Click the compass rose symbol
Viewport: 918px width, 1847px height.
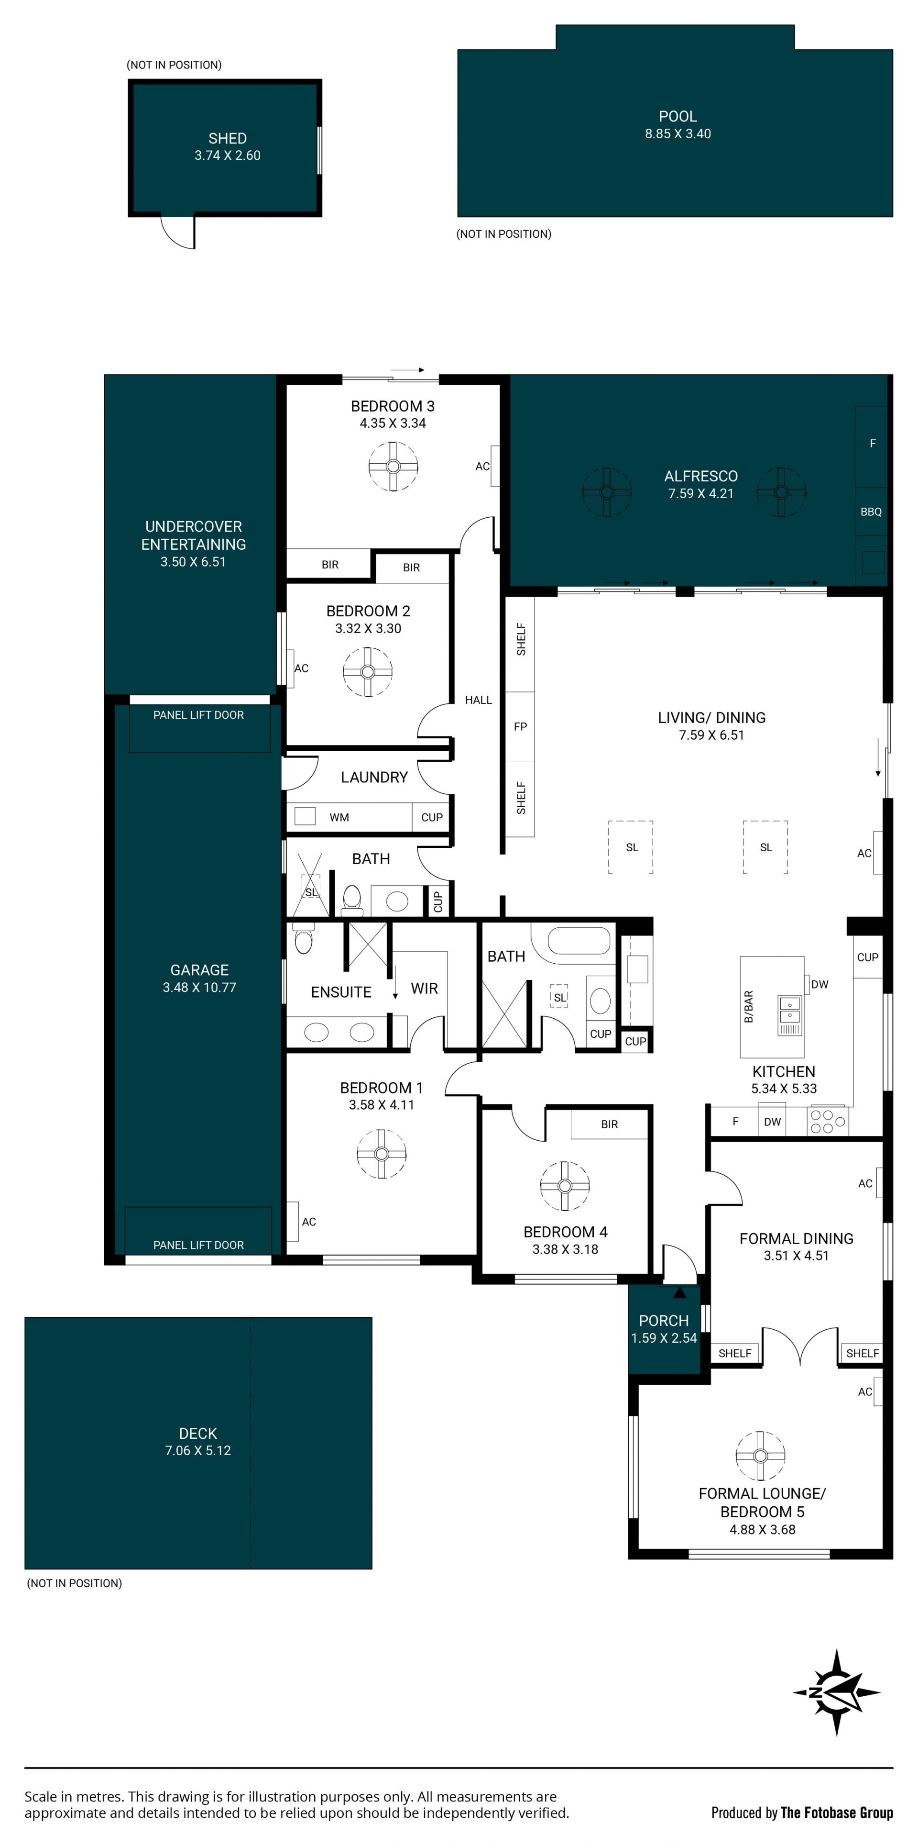[x=836, y=1693]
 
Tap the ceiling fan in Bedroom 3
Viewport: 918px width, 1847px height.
[x=393, y=466]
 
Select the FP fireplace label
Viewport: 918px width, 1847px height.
[x=520, y=726]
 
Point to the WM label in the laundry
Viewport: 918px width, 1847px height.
[x=339, y=817]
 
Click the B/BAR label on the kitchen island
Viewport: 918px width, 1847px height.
[x=749, y=1007]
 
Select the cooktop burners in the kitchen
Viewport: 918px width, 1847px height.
[x=828, y=1122]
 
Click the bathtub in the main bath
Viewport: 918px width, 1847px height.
[x=579, y=940]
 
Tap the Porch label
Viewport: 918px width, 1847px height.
[x=664, y=1320]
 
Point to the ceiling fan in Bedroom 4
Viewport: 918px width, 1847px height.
[x=565, y=1185]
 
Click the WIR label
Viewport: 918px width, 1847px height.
[x=424, y=988]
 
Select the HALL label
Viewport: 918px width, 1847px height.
[x=478, y=700]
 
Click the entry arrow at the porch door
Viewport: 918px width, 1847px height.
[x=679, y=1292]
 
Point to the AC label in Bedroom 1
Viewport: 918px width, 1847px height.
[x=309, y=1222]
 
